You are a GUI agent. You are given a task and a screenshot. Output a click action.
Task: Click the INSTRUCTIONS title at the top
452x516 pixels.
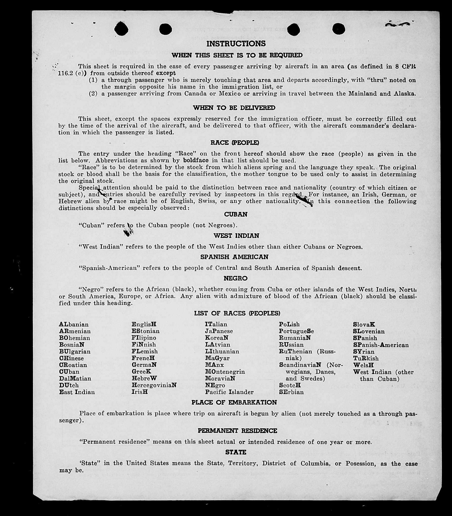(x=236, y=44)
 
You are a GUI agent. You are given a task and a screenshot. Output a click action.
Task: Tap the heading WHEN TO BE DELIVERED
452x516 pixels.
(x=234, y=108)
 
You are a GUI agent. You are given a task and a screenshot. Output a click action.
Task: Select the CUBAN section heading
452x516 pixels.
(x=236, y=214)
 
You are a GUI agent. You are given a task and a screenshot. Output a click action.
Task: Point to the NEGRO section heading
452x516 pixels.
(x=235, y=278)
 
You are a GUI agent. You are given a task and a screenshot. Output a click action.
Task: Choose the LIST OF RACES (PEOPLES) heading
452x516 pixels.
(x=237, y=313)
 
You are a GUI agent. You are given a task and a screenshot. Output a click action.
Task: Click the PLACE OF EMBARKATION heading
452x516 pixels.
(x=234, y=403)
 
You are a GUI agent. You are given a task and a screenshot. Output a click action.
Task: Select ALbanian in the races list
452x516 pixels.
(x=74, y=324)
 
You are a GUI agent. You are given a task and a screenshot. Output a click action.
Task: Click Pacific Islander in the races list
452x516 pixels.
(x=229, y=392)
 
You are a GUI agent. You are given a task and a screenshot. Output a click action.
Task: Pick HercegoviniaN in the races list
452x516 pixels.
(x=154, y=385)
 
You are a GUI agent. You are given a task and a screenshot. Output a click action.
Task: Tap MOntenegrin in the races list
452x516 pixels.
(x=225, y=372)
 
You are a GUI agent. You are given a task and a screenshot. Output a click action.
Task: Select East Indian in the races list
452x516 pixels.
(x=77, y=392)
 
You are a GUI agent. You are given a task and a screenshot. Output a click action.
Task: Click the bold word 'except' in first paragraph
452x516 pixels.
(x=166, y=73)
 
